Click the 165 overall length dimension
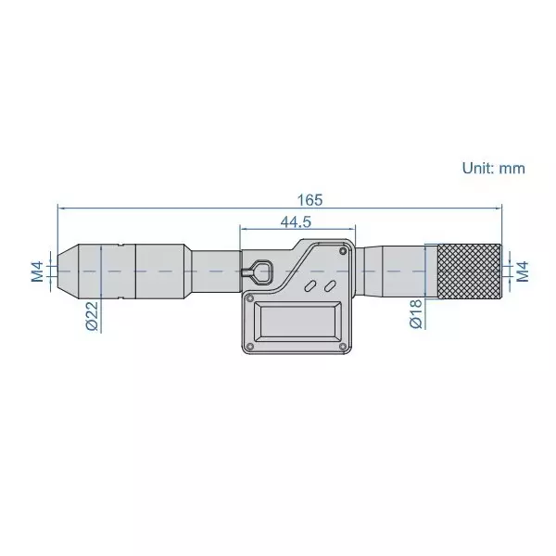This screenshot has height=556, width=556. coord(310,198)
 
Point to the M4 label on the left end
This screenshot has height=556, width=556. coord(36,271)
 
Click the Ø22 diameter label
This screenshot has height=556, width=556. coord(92,315)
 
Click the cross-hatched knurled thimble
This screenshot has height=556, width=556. coord(471,271)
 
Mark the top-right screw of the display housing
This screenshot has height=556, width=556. coord(345,249)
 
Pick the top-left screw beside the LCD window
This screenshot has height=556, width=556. coord(250,297)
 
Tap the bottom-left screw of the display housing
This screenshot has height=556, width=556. coord(250,348)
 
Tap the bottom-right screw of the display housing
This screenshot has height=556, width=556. coord(346,348)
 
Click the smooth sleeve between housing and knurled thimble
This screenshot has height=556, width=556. coord(394,271)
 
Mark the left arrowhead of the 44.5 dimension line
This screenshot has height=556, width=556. coord(243,228)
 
